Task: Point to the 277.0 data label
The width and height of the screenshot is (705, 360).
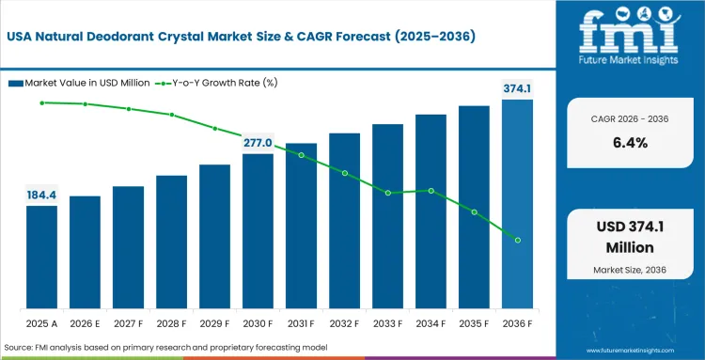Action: pyautogui.click(x=258, y=143)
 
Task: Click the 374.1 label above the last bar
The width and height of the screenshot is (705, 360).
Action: pyautogui.click(x=517, y=88)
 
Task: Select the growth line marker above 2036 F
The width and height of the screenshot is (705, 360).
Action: pyautogui.click(x=517, y=240)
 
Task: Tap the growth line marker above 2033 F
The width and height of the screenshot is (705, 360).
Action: pyautogui.click(x=387, y=193)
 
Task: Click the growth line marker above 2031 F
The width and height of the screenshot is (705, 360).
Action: pyautogui.click(x=301, y=154)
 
